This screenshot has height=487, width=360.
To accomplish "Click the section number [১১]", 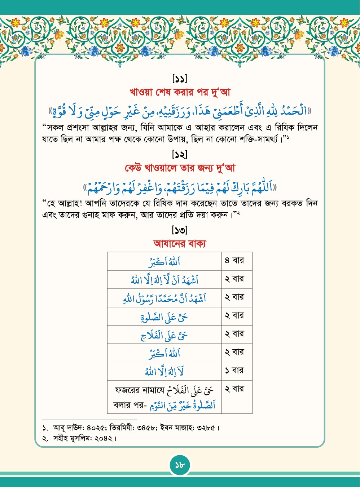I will click(x=180, y=78).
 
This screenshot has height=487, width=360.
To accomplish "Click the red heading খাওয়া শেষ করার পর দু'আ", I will click(x=180, y=92).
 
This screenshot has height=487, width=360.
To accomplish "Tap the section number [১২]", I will click(x=180, y=155).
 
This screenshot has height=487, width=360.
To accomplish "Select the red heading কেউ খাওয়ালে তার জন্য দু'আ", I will click(x=180, y=168).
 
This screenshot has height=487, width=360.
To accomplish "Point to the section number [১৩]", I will click(x=180, y=230).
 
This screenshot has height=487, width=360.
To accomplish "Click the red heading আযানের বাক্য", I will click(x=180, y=244).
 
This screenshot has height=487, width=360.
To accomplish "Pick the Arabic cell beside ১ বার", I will click(x=164, y=371).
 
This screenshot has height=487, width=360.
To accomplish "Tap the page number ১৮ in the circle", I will click(x=180, y=465).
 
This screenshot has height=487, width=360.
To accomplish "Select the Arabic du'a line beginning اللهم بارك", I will click(x=180, y=187).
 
